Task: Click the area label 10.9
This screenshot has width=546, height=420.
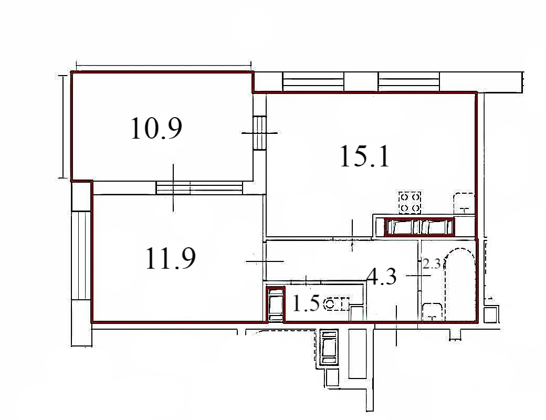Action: [156, 129]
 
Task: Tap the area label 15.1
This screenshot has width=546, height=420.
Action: [364, 156]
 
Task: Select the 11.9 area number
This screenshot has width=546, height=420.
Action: [170, 258]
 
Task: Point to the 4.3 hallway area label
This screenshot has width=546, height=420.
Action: [382, 277]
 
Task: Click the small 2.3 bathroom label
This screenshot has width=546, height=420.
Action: [432, 264]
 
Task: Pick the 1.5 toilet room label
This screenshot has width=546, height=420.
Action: [306, 303]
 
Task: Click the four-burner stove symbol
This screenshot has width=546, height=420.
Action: [410, 203]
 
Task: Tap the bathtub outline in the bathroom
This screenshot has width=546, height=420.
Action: [460, 284]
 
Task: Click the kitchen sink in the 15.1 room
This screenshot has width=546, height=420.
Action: [464, 203]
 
